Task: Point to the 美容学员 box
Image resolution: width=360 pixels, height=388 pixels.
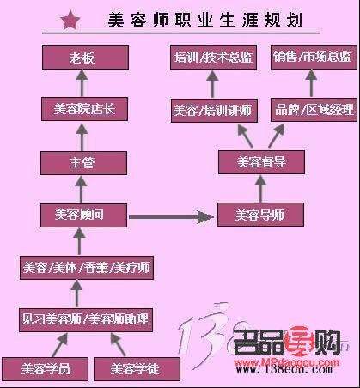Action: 40,369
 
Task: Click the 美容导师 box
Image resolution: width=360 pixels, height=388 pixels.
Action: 262,214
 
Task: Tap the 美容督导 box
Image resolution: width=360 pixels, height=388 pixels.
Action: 262,161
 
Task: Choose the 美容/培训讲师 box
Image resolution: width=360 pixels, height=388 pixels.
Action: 211,109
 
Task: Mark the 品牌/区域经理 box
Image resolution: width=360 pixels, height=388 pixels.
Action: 312,109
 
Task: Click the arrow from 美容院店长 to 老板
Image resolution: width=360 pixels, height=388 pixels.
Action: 80,83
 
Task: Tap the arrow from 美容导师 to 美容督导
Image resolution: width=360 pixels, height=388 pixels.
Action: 262,187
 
